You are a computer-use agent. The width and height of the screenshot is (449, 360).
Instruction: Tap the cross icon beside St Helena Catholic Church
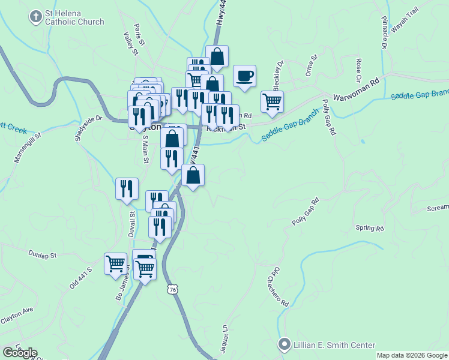(x=36, y=17)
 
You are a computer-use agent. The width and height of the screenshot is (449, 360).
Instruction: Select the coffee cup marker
(x=244, y=77)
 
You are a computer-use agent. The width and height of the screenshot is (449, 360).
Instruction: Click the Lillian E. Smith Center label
(x=334, y=345)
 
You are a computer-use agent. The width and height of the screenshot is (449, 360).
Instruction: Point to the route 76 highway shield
(x=173, y=290)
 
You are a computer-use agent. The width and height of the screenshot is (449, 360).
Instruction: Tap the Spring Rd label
(x=369, y=228)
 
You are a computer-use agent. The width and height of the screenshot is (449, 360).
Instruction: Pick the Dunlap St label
(x=42, y=254)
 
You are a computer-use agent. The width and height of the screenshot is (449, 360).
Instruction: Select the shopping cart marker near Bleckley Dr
(x=272, y=102)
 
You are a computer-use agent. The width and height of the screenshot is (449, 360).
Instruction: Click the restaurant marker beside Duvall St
(x=127, y=188)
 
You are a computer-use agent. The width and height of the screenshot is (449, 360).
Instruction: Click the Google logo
(x=19, y=353)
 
